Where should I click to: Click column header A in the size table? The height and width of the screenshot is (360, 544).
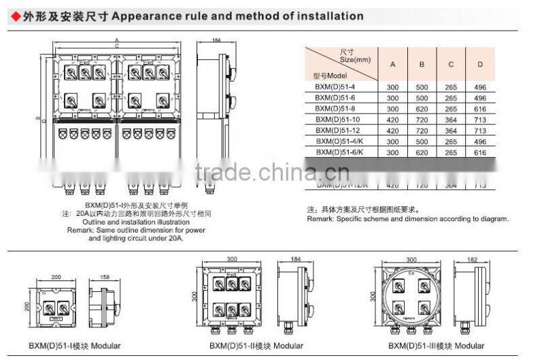392,64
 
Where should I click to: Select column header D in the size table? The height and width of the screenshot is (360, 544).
480,64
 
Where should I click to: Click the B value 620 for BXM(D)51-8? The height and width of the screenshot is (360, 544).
422,108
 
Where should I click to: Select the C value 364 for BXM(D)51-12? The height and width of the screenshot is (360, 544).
451,130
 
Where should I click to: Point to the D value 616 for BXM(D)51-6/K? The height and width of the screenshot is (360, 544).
480,152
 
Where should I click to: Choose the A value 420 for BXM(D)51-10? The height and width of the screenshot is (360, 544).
392,119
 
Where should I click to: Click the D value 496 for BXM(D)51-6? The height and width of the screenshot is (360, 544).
480,97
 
